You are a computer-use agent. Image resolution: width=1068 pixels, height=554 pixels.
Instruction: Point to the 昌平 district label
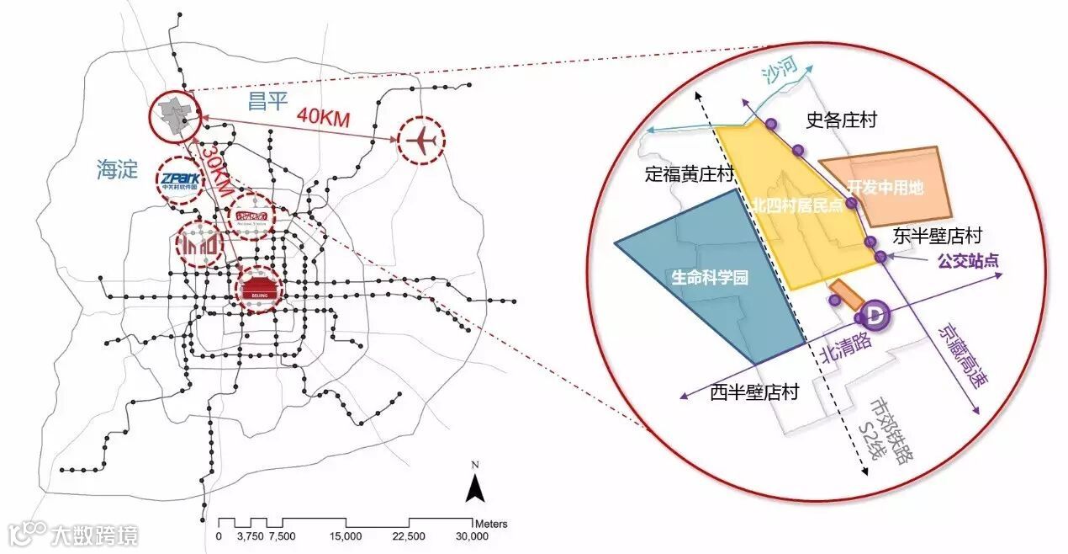267,103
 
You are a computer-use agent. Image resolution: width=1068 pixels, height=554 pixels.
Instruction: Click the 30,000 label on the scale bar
472,536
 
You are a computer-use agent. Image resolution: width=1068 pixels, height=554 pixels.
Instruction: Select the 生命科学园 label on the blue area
710,277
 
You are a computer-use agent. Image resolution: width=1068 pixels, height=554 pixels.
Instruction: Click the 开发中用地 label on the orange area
885,188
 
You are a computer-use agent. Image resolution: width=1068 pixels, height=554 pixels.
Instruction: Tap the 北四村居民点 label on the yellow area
799,206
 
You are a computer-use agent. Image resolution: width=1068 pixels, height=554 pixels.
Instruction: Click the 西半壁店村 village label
753,392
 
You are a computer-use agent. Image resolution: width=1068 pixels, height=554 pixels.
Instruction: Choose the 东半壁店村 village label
938,237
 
